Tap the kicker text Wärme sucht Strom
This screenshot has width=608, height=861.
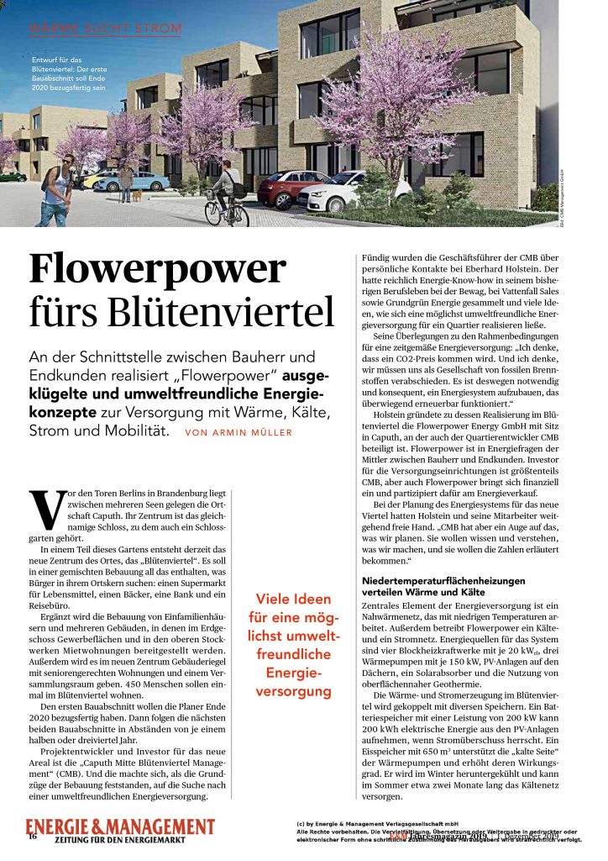click(104, 29)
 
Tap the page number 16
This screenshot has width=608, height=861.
click(32, 836)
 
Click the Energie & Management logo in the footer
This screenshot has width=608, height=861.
click(119, 826)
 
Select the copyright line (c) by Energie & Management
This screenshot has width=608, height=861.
click(375, 823)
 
